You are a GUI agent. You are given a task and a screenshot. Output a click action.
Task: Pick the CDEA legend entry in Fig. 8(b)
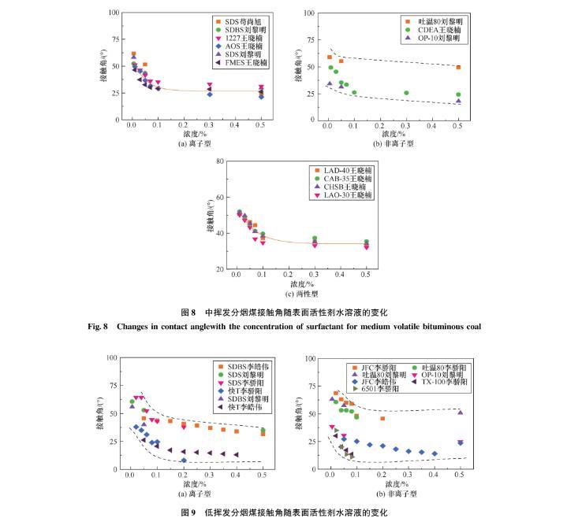(431, 28)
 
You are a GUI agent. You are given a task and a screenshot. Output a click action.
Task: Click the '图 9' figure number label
(188, 512)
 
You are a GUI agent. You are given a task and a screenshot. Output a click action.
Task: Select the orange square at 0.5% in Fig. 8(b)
(458, 68)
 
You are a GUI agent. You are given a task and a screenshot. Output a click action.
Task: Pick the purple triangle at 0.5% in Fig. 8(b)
(458, 101)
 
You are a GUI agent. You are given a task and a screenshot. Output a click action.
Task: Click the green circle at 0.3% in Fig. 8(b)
(406, 93)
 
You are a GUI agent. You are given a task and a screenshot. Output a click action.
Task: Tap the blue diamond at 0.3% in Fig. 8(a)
(210, 94)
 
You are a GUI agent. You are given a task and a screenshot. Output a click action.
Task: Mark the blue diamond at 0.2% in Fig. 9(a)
(184, 461)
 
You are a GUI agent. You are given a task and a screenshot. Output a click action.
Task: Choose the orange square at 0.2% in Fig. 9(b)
(382, 419)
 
